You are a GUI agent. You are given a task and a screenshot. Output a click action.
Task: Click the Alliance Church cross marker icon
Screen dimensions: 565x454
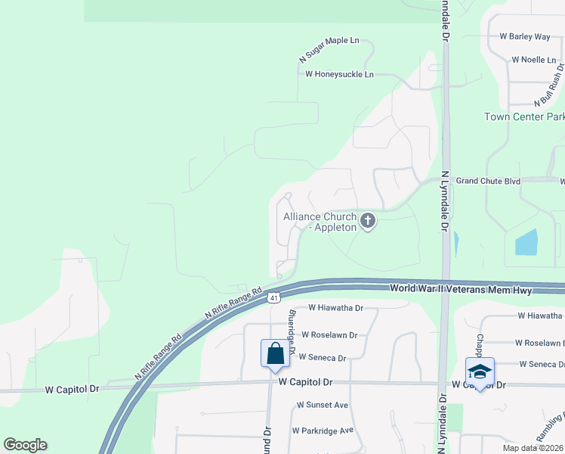click(x=368, y=221)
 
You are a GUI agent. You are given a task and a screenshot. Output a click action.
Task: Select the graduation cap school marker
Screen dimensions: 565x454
click(x=479, y=372)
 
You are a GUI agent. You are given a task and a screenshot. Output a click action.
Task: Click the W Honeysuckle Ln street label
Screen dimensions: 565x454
click(x=339, y=74)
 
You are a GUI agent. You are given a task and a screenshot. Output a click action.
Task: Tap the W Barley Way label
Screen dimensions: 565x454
click(x=525, y=36)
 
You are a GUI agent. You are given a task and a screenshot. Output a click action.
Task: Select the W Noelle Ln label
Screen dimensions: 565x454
click(x=533, y=59)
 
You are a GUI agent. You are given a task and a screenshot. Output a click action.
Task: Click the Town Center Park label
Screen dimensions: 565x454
click(x=524, y=117)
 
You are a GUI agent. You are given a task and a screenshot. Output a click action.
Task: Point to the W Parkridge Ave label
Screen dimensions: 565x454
click(x=323, y=431)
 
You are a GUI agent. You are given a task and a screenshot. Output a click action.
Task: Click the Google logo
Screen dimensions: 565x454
click(x=25, y=445)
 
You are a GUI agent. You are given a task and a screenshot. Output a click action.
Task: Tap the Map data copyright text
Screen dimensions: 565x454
click(x=532, y=448)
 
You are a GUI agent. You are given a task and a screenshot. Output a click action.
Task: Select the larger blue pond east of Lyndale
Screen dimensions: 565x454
click(x=526, y=242)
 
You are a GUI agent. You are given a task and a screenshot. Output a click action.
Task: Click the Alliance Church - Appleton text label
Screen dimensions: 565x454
click(x=320, y=222)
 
